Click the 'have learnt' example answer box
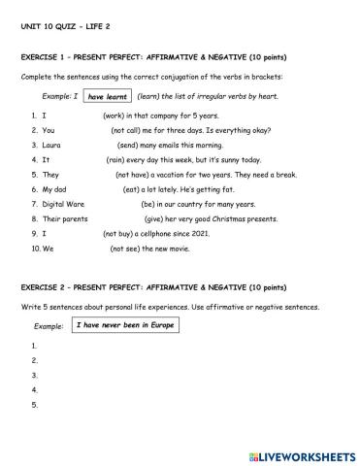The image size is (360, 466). pyautogui.click(x=107, y=97)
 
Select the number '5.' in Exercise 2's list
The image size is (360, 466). pyautogui.click(x=35, y=405)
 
